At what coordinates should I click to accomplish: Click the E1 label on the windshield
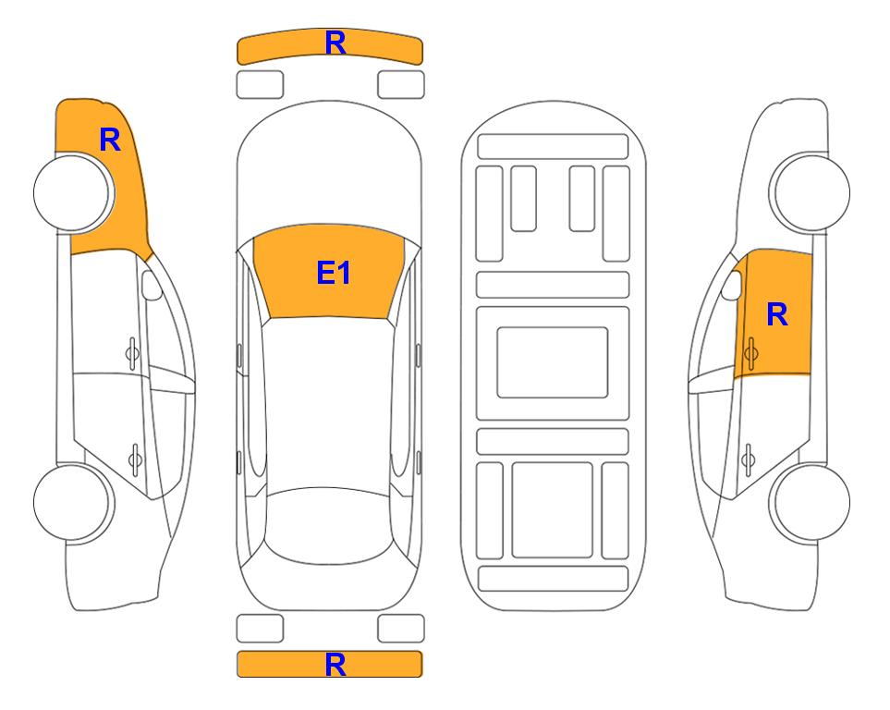334,273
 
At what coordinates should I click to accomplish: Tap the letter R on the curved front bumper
335,43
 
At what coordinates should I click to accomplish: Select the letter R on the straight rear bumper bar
335,665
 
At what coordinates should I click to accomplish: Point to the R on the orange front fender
110,140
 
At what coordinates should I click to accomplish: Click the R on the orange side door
777,314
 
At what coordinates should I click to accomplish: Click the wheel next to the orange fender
72,193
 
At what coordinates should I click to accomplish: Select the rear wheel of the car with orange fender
72,502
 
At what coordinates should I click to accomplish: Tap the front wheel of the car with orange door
811,192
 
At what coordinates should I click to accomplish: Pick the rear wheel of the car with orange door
811,502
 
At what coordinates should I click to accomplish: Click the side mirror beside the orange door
732,285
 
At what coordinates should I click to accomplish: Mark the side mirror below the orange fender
151,285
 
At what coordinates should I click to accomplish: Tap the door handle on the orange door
750,353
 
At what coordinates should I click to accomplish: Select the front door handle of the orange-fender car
132,353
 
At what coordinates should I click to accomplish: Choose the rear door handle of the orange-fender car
136,459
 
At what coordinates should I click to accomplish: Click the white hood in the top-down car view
329,170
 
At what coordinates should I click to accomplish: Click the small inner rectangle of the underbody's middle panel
553,362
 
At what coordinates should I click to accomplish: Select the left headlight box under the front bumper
260,85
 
